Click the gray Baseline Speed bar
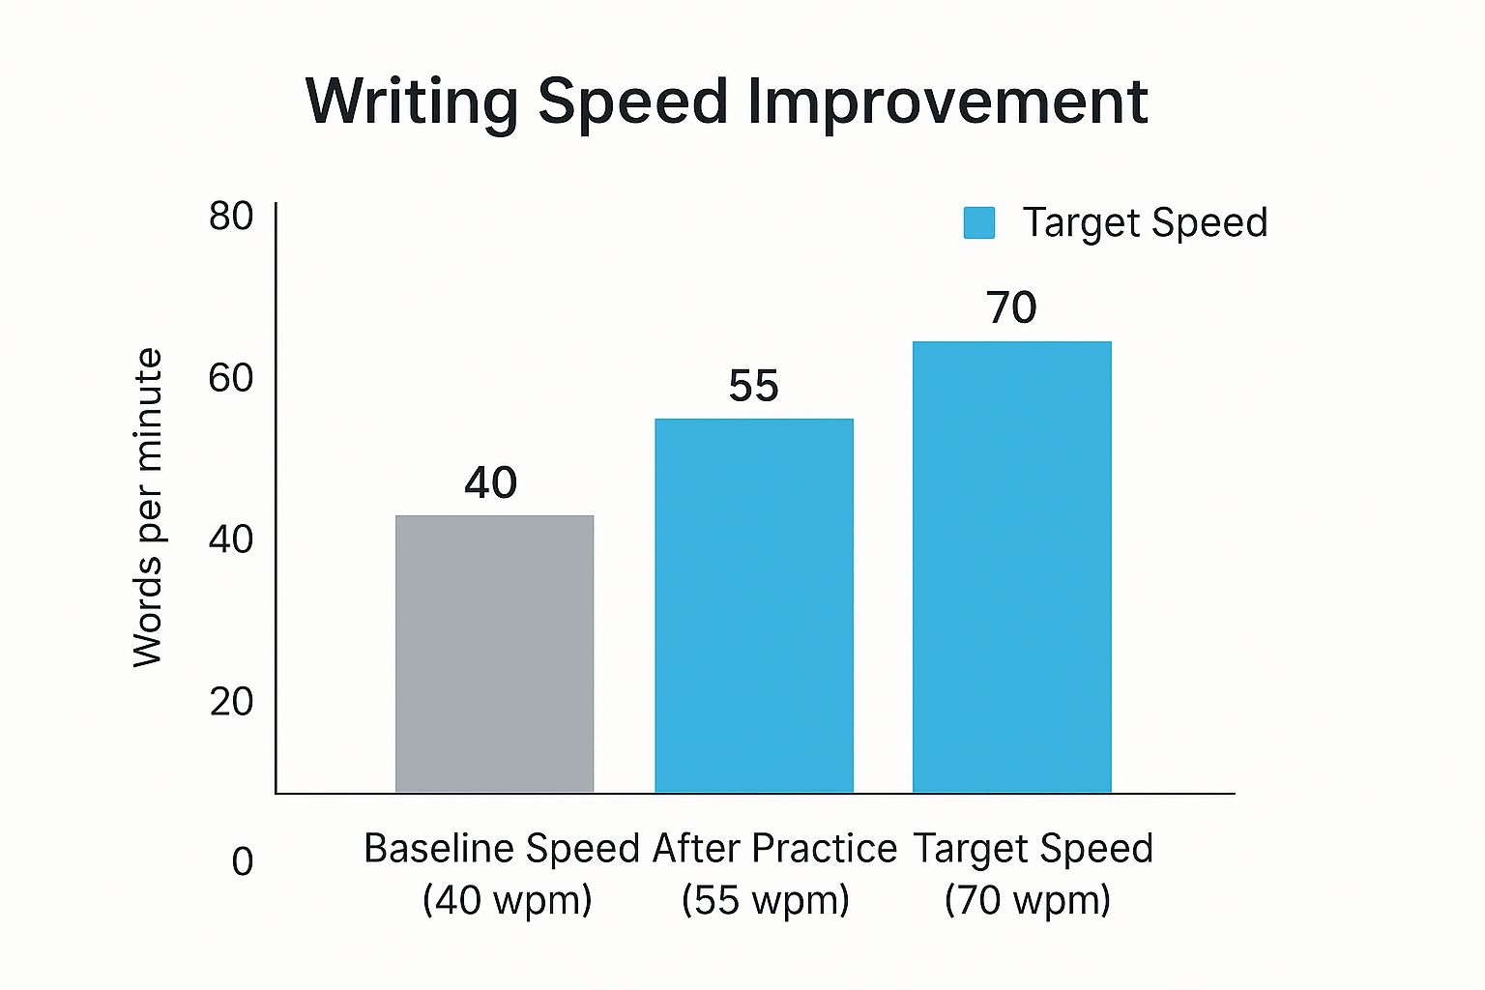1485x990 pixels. [x=494, y=654]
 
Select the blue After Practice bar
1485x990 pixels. [x=754, y=605]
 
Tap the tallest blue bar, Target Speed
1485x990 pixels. [x=1011, y=567]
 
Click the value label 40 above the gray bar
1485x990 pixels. [x=491, y=482]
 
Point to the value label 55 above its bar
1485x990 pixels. [x=753, y=386]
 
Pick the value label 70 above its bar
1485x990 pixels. [x=1011, y=307]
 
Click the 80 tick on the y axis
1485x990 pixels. [x=231, y=217]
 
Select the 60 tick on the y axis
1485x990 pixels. [x=231, y=378]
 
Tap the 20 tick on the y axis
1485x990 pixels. [x=231, y=701]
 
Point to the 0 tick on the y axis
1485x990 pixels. [x=243, y=861]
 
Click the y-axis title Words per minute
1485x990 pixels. [x=148, y=508]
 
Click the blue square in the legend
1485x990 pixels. [x=979, y=222]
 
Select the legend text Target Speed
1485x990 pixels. [x=1145, y=222]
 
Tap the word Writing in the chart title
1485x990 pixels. [x=413, y=102]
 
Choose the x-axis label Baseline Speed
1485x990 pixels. [x=502, y=849]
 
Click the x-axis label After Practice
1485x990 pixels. [x=774, y=849]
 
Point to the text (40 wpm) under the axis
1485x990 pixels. [x=507, y=900]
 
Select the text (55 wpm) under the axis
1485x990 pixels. [x=765, y=900]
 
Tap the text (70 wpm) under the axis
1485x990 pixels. [x=1028, y=900]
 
